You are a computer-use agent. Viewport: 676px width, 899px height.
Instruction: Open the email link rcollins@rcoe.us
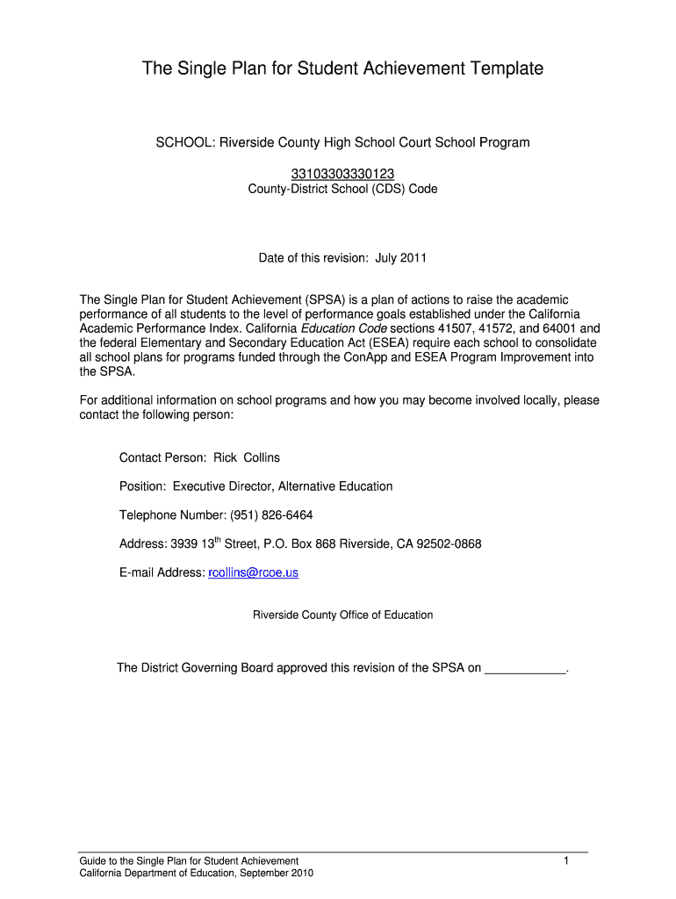253,572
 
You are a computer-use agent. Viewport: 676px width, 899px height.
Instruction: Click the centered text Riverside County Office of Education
342,615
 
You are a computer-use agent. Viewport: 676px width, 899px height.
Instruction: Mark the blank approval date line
525,669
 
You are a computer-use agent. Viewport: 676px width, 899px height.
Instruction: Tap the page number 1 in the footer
567,861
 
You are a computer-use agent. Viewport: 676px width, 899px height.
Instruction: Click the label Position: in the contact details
143,486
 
